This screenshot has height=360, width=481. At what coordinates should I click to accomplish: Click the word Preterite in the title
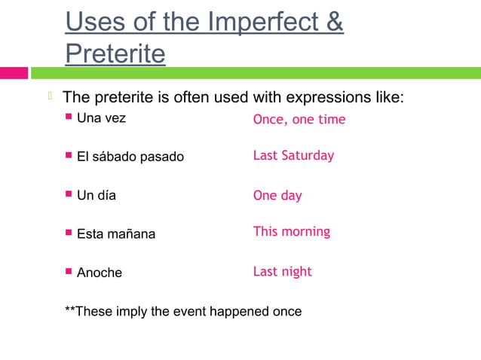[115, 53]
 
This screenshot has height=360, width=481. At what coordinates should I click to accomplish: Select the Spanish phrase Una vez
[101, 118]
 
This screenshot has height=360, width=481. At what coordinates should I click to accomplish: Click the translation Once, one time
[299, 119]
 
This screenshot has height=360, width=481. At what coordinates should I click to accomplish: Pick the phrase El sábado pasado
[130, 157]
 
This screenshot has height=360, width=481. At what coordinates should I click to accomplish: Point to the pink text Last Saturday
[293, 156]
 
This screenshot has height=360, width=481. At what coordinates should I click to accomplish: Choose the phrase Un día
[97, 196]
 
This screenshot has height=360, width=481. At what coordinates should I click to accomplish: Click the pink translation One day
[277, 196]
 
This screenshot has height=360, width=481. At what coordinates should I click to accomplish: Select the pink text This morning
[291, 232]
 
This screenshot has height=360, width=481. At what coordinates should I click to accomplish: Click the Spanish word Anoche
[99, 273]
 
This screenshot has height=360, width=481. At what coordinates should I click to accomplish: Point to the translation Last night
[282, 271]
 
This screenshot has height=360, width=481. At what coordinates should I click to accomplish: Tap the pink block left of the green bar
[14, 73]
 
